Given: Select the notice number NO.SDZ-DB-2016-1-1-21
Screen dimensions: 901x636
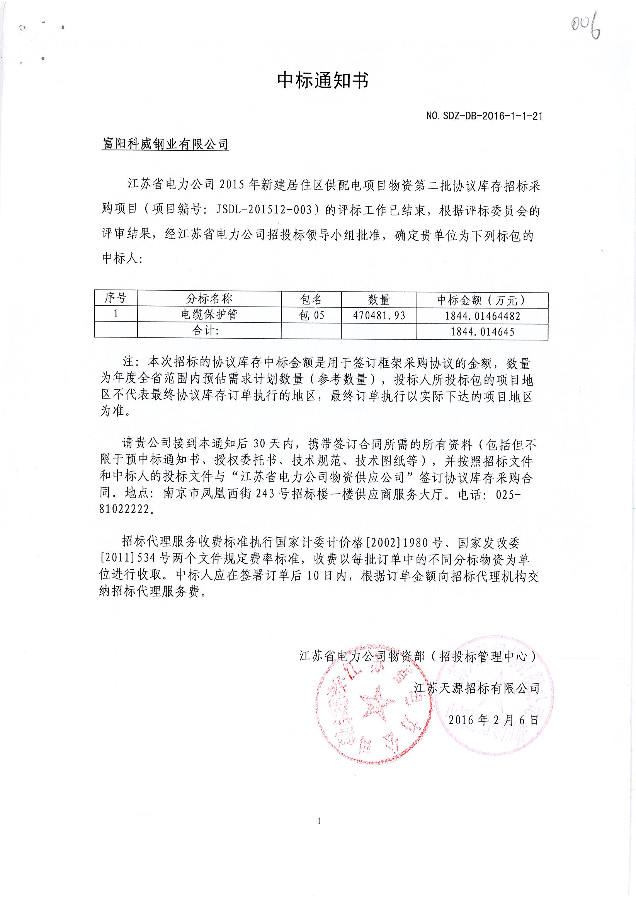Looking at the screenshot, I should [484, 116].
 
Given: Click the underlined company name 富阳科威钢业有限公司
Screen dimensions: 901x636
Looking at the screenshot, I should [165, 145].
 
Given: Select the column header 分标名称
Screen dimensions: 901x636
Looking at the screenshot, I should [209, 299].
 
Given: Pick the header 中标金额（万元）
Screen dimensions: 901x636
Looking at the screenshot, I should [482, 300].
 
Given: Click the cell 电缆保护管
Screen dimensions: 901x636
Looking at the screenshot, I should [209, 315].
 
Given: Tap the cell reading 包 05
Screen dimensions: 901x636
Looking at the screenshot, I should [311, 315].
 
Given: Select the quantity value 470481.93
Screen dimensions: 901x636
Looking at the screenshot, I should [379, 315].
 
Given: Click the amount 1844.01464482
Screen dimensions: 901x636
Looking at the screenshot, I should [482, 316].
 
